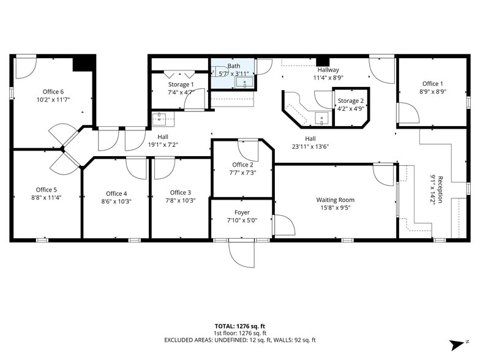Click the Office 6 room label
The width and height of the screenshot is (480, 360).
pyautogui.click(x=53, y=92)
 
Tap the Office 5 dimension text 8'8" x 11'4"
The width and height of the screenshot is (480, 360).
pyautogui.click(x=47, y=197)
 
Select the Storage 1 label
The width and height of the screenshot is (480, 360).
pyautogui.click(x=181, y=84)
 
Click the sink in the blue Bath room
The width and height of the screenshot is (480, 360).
pyautogui.click(x=245, y=82)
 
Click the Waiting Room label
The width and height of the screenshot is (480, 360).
pyautogui.click(x=336, y=200)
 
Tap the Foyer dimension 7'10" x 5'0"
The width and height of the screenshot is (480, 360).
pyautogui.click(x=242, y=220)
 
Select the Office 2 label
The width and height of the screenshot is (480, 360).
pyautogui.click(x=242, y=165)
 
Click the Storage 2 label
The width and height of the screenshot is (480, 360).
pyautogui.click(x=350, y=100)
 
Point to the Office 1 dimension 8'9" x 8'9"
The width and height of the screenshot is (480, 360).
pyautogui.click(x=432, y=91)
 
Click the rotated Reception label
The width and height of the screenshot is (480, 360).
pyautogui.click(x=440, y=189)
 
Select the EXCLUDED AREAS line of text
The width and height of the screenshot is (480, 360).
pyautogui.click(x=240, y=340)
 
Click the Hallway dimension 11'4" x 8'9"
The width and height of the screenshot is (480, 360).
pyautogui.click(x=328, y=77)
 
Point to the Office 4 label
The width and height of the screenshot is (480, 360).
pyautogui.click(x=116, y=193)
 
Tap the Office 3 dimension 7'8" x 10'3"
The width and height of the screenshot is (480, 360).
pyautogui.click(x=181, y=201)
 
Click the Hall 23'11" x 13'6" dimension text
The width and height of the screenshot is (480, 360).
pyautogui.click(x=310, y=147)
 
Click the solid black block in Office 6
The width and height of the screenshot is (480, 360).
pyautogui.click(x=83, y=64)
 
